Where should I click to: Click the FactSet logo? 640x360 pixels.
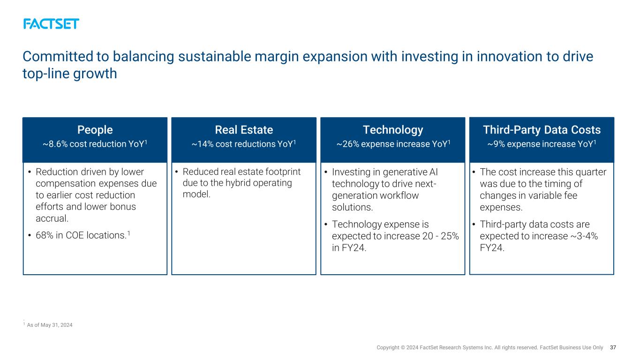click(x=51, y=24)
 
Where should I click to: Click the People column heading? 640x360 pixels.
click(x=95, y=130)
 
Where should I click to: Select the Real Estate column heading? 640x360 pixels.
click(x=244, y=130)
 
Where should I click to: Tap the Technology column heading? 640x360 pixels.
click(x=393, y=130)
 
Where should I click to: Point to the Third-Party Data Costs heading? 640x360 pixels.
click(x=542, y=130)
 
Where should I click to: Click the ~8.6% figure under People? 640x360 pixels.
click(x=55, y=144)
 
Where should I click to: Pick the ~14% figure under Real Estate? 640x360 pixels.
click(x=203, y=144)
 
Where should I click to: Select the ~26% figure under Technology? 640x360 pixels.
click(x=348, y=144)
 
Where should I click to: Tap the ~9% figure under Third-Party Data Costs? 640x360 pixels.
click(x=496, y=144)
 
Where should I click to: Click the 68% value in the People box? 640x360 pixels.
click(x=45, y=235)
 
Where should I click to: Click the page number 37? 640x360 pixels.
click(x=613, y=347)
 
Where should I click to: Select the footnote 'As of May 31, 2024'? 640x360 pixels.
click(x=49, y=325)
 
